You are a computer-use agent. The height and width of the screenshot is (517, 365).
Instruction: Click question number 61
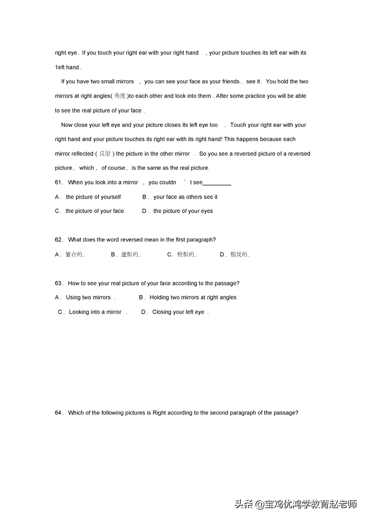click(x=58, y=182)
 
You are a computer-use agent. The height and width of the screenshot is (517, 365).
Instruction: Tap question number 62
click(x=58, y=240)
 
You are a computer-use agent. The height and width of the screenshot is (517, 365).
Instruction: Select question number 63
click(x=58, y=283)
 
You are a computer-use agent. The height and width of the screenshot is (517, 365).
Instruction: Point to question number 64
click(x=58, y=413)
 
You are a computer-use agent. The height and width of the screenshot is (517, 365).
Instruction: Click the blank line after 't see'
click(x=217, y=184)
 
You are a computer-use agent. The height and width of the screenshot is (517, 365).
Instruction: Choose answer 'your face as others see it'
click(x=185, y=197)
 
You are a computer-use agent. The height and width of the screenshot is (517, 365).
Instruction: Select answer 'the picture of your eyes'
click(x=183, y=211)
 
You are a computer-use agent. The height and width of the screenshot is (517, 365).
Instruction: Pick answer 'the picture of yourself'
click(x=93, y=197)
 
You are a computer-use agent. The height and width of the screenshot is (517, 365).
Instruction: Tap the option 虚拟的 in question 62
click(x=129, y=254)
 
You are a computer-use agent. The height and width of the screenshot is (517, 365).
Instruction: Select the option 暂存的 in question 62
click(x=74, y=254)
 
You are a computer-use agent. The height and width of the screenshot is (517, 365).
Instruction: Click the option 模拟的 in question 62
click(x=186, y=254)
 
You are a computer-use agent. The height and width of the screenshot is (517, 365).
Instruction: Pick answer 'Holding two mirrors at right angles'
click(x=193, y=297)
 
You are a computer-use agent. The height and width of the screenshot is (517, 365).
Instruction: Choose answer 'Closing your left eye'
click(x=178, y=312)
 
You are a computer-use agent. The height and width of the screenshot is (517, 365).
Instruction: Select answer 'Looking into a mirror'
click(x=95, y=312)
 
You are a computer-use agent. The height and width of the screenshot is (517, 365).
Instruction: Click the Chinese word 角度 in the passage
click(x=120, y=96)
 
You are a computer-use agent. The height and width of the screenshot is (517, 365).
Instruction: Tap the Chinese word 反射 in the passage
click(x=105, y=154)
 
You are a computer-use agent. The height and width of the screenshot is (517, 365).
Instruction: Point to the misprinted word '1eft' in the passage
click(x=60, y=67)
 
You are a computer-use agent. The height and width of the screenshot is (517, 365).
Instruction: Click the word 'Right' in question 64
click(x=159, y=413)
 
